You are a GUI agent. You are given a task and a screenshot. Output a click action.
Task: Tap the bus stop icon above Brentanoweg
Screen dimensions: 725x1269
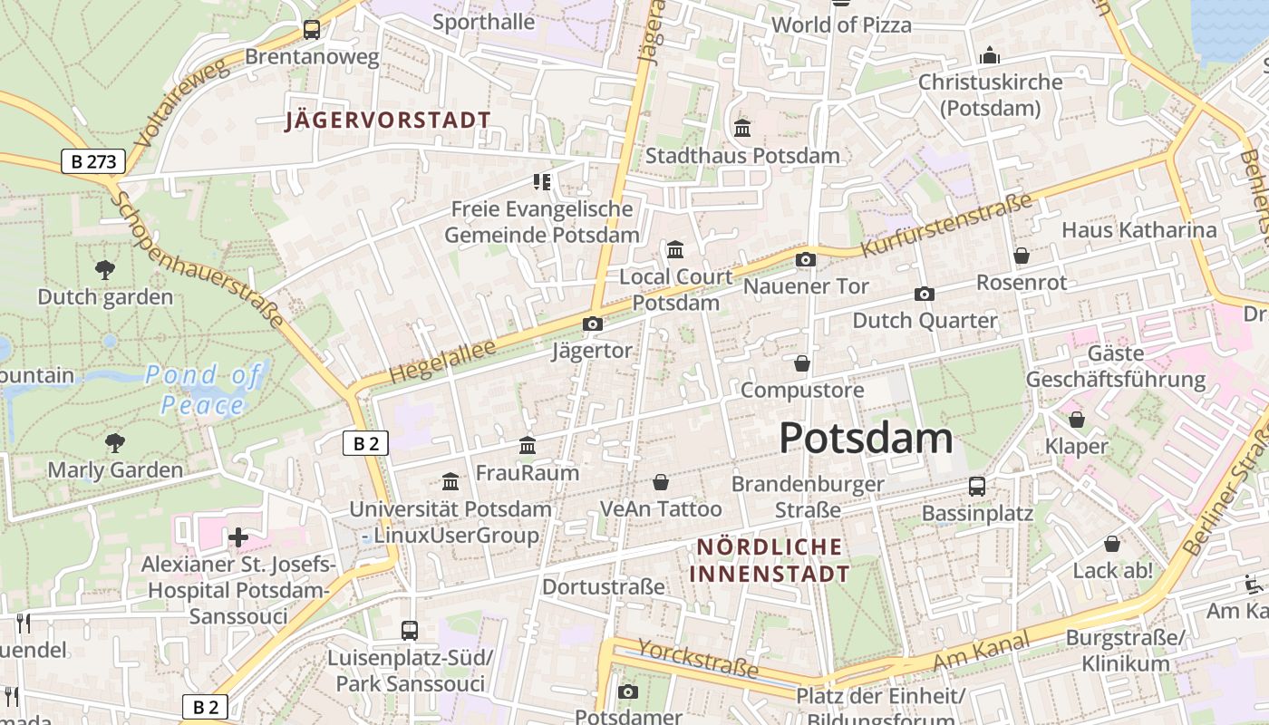312,29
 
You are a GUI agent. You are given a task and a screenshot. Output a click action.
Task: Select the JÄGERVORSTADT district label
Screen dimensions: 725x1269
388,121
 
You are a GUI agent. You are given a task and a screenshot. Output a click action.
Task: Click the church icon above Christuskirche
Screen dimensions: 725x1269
989,56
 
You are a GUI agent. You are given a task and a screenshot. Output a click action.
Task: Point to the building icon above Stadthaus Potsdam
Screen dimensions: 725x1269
742,129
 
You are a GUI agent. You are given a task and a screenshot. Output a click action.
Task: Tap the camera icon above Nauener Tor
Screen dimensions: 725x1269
805,260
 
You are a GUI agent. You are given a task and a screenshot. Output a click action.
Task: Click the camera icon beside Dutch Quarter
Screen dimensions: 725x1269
925,295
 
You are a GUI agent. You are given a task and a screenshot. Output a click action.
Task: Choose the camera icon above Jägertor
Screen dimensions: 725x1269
592,324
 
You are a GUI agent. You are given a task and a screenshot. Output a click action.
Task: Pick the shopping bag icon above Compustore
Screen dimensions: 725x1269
802,364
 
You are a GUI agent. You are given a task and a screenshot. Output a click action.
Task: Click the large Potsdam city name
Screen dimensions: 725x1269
866,439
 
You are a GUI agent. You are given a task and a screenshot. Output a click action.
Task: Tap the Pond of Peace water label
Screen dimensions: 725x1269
203,389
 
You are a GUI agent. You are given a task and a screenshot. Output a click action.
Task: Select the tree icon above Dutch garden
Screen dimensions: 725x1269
105,269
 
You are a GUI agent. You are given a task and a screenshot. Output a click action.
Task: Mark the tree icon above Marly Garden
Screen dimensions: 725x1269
114,443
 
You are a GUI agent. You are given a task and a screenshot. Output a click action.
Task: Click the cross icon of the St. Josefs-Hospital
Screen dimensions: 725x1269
238,537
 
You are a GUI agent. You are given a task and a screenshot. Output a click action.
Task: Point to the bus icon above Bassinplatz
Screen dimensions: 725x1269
977,487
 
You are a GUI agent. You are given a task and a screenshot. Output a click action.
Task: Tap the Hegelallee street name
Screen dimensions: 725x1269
442,361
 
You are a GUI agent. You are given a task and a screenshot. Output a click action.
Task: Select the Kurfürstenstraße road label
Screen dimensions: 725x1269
946,225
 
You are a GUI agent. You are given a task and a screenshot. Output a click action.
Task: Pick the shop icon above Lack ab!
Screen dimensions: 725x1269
1112,544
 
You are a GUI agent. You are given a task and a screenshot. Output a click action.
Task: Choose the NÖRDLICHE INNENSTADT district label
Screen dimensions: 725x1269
770,560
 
